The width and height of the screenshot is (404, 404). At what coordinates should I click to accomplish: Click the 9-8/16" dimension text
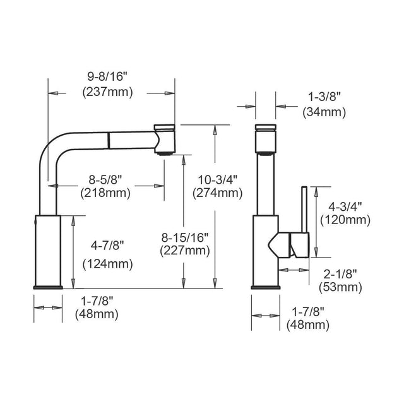point(107,76)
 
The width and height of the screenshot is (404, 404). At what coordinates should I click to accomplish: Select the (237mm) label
point(108,92)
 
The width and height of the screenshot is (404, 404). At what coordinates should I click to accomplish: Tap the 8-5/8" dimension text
point(105,179)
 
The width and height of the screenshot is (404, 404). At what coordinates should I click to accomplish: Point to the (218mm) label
point(105,193)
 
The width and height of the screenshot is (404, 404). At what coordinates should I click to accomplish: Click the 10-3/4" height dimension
point(217,179)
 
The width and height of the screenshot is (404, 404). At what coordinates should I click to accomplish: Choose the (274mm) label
point(218,193)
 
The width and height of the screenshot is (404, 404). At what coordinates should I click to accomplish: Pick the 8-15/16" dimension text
point(185,237)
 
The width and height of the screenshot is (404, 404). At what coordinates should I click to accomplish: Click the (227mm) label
point(185,251)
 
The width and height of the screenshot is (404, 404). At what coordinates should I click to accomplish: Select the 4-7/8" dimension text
point(107,246)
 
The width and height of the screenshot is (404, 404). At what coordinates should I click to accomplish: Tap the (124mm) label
point(108,264)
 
